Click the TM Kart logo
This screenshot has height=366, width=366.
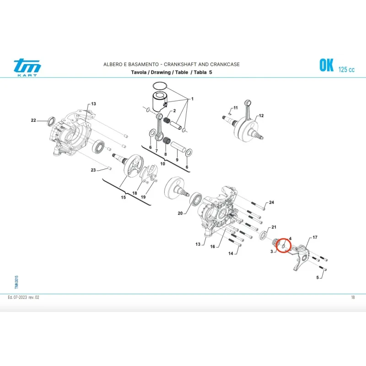27,67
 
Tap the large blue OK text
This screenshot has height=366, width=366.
326,65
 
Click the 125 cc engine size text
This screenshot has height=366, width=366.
346,70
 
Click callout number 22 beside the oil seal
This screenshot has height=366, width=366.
33,120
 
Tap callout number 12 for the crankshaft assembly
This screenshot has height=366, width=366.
261,116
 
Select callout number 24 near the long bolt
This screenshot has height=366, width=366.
271,202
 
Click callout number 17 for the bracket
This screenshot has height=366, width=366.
315,237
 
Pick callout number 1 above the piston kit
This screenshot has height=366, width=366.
192,99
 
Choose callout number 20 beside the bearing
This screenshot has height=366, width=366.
180,213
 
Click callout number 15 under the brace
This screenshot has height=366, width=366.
123,197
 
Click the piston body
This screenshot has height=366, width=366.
160,102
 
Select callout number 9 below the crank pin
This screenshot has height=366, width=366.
177,160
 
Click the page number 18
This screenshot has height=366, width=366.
353,297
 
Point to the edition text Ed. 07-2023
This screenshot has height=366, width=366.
17,297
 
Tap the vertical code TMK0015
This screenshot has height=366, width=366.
16,282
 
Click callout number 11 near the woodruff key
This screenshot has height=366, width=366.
236,108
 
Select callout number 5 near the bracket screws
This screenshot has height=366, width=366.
318,277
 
